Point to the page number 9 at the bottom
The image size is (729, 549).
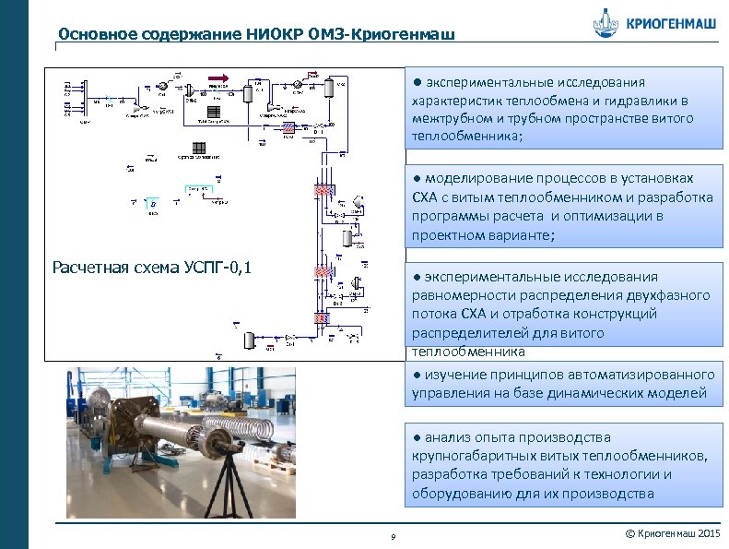(x=393, y=538)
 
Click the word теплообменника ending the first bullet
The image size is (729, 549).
(x=465, y=137)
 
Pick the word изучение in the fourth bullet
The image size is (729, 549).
(x=453, y=375)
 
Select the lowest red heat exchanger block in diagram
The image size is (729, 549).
(x=323, y=317)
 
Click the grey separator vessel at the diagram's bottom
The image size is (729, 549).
(x=248, y=338)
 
